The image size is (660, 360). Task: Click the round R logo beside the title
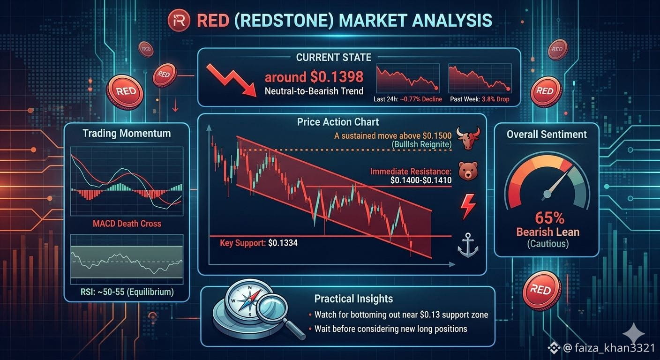pos(179,20)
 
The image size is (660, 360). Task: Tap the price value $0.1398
pos(337,77)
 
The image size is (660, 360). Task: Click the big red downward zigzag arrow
pos(231,80)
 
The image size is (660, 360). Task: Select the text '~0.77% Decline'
pos(421,99)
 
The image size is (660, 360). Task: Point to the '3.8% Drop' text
pos(495,99)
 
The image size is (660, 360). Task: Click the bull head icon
pos(468,138)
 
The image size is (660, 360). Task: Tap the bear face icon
pos(468,171)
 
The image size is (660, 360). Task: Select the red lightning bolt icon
pos(468,207)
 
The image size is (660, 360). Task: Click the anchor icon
pos(468,245)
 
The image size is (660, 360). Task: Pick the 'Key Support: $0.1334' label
pos(259,243)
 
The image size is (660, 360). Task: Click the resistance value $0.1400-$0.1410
pos(421,180)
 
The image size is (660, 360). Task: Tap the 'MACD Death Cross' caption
pos(127,224)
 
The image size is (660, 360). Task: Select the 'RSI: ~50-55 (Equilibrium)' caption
pos(127,292)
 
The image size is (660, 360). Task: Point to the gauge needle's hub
pos(547,194)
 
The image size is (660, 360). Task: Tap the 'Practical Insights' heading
pos(353,299)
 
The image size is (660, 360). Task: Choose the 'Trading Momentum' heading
pos(127,134)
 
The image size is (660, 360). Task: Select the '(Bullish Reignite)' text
pos(421,144)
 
